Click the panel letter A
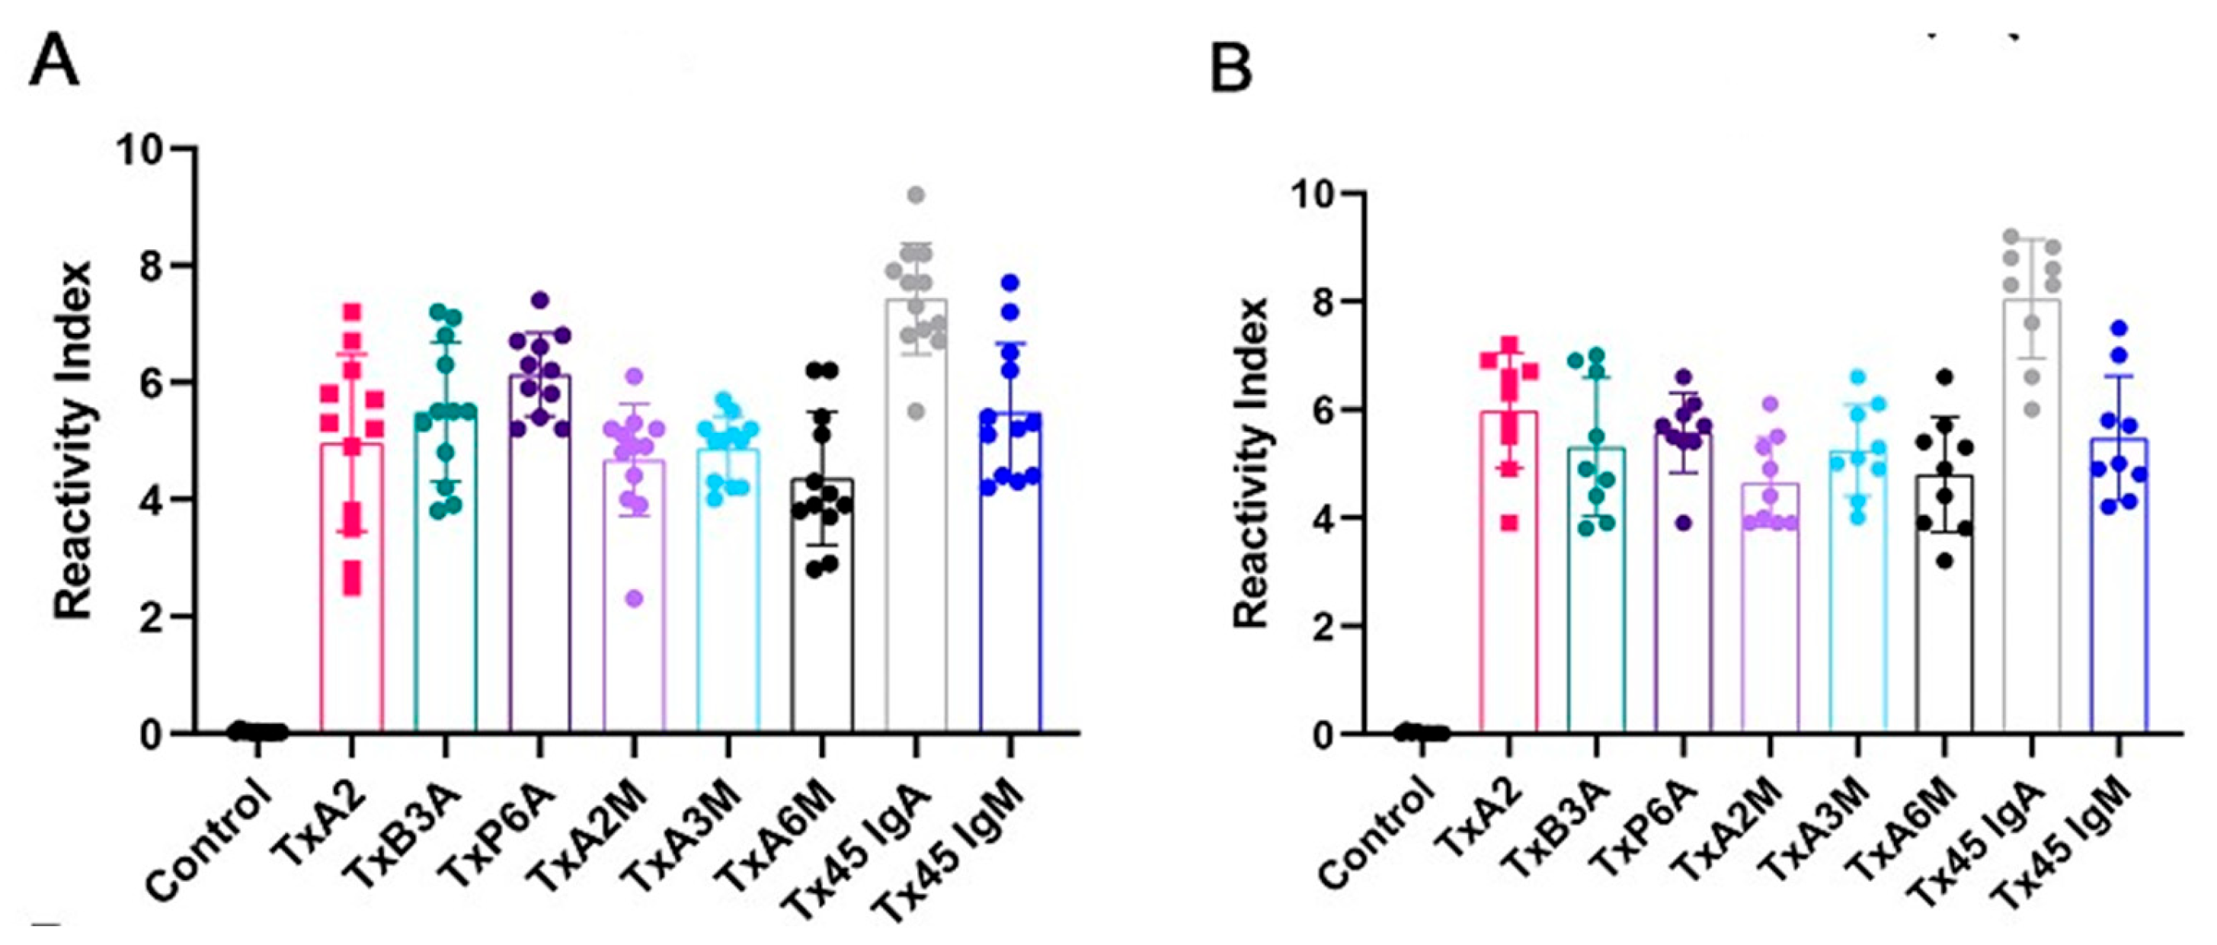click(x=53, y=67)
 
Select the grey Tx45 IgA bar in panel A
click(x=917, y=559)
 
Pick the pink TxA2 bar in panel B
click(x=1508, y=603)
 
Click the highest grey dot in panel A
click(x=916, y=194)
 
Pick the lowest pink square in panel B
click(x=1509, y=523)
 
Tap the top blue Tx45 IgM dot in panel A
click(x=1010, y=281)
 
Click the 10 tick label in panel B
click(x=1313, y=193)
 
